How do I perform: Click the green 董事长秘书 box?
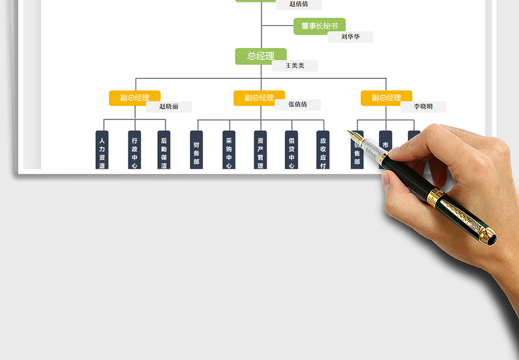tap(319, 26)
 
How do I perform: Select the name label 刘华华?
tap(350, 37)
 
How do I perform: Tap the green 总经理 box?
tap(261, 56)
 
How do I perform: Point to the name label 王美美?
tap(295, 66)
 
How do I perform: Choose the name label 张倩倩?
tap(297, 104)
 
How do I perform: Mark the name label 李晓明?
tap(423, 107)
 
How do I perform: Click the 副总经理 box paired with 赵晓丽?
tap(134, 98)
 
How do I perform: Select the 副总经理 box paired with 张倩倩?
tap(259, 98)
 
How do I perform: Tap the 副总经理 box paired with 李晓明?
tap(386, 98)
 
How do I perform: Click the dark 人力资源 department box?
tap(101, 150)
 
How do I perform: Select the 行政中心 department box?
tap(134, 150)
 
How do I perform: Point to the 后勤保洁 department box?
tap(164, 150)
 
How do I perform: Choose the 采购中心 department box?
tap(228, 150)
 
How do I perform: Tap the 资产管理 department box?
tap(260, 150)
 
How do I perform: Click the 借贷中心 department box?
tap(292, 150)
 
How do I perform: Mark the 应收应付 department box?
tap(323, 150)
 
